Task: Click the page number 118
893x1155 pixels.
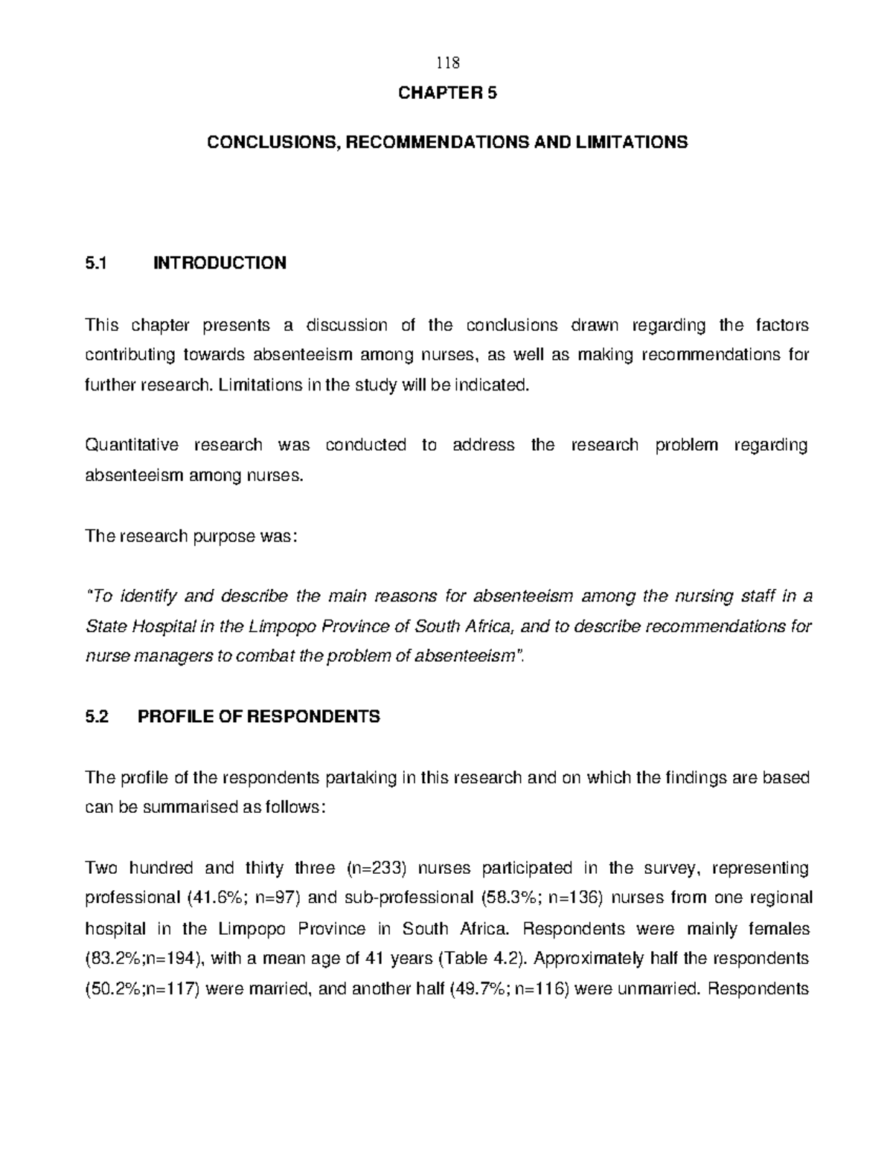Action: pos(447,62)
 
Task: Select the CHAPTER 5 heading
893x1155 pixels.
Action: pos(447,93)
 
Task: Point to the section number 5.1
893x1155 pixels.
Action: pos(97,263)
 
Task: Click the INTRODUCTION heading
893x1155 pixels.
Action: pos(220,263)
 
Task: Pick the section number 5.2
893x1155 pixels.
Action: pos(97,716)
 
